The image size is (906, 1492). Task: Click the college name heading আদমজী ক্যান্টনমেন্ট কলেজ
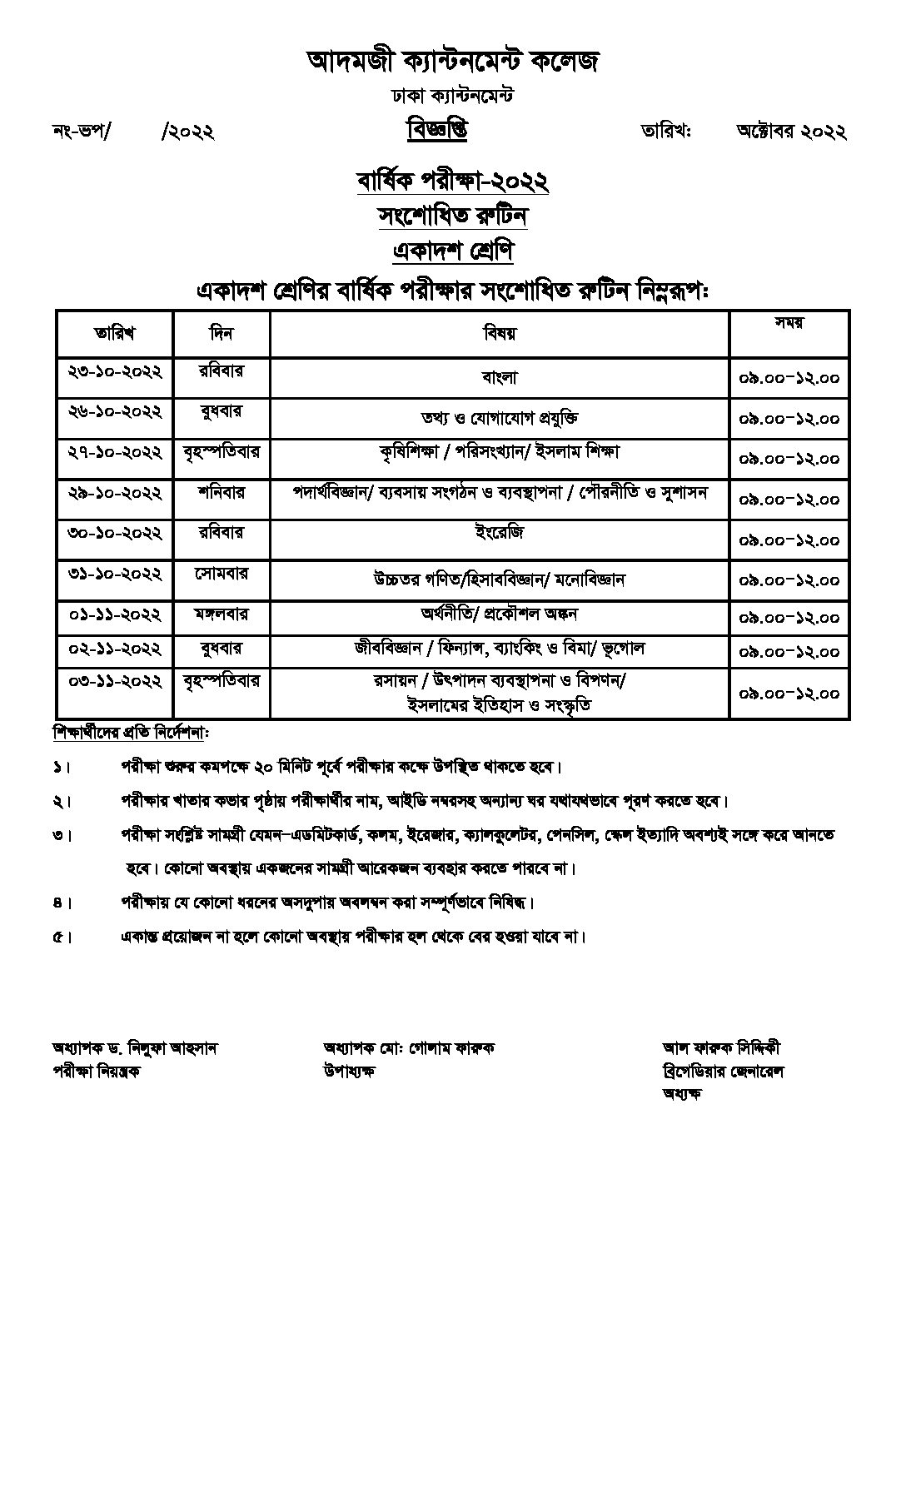(452, 60)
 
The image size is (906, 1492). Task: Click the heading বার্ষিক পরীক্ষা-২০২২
(452, 181)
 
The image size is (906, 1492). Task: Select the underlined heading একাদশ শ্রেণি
(452, 250)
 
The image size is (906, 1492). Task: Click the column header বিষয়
(500, 334)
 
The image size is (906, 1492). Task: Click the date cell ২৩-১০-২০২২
(115, 371)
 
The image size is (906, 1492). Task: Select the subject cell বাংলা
(500, 377)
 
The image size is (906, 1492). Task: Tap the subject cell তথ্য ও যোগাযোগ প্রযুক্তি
(500, 417)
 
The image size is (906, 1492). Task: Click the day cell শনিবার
(222, 492)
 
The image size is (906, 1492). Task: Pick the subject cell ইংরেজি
(500, 531)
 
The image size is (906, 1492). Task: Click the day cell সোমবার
(222, 574)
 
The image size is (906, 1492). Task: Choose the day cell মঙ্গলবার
(222, 614)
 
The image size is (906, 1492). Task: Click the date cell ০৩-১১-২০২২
(115, 681)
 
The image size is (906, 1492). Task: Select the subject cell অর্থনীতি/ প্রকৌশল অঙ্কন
(500, 614)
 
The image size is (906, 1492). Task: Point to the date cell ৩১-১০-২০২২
(115, 574)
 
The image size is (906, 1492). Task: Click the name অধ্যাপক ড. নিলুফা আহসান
(134, 1048)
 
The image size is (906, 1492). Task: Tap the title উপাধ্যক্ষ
(348, 1071)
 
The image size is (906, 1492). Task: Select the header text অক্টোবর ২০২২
(791, 131)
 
